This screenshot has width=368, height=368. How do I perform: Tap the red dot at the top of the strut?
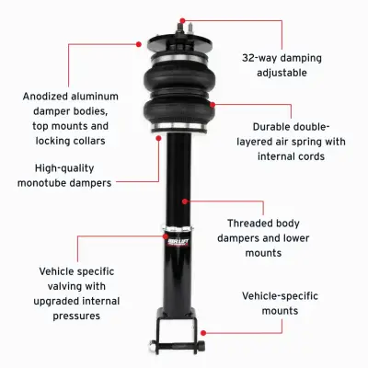(183, 17)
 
